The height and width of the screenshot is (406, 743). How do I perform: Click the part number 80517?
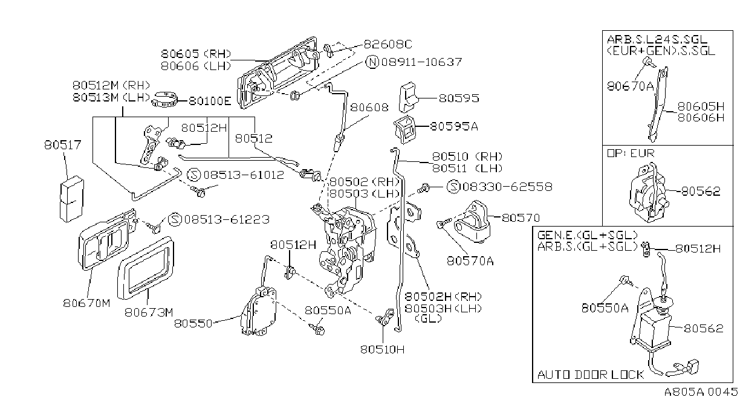pos(63,145)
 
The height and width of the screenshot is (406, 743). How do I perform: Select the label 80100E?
pos(210,101)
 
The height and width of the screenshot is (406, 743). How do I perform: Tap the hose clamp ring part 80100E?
pos(164,100)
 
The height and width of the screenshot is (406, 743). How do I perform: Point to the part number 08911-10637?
pos(421,62)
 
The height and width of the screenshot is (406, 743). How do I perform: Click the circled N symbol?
pos(372,62)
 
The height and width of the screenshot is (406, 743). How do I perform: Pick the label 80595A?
pos(454,126)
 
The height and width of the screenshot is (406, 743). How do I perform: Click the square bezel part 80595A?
pos(404,129)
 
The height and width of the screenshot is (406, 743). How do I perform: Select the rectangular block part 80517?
pos(72,199)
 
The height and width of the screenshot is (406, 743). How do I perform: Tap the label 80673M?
pos(149,312)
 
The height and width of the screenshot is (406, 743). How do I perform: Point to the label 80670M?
pos(86,303)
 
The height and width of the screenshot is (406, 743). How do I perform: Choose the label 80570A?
pos(470,261)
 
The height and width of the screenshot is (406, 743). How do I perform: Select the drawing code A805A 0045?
pos(701,391)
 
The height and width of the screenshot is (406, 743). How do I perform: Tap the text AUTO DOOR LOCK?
pos(591,375)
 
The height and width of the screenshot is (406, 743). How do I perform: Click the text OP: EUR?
pos(631,153)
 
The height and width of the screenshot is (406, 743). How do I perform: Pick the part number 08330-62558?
pos(507,187)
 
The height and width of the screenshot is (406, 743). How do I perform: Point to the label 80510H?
pos(383,349)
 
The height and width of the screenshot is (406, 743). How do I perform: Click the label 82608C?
pos(388,44)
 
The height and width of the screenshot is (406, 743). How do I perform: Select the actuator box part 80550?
pos(259,312)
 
